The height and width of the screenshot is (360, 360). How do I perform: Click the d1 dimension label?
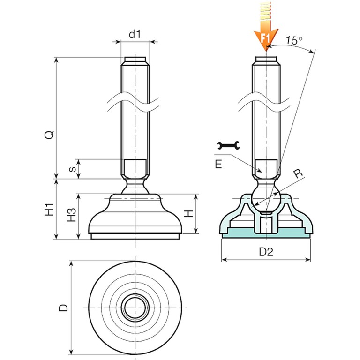[x=135, y=34]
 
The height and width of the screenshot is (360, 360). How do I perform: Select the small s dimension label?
[x=72, y=169]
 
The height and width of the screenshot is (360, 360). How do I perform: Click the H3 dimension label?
[x=72, y=214]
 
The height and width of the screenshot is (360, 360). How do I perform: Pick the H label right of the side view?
[x=188, y=214]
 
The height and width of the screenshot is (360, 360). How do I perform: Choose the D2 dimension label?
[x=266, y=252]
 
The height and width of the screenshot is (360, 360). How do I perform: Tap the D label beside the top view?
[x=64, y=307]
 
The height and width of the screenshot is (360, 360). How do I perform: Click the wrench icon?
[x=229, y=146]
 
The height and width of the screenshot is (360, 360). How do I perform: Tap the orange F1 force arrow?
[x=266, y=33]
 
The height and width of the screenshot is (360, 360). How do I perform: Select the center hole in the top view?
[x=135, y=307]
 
